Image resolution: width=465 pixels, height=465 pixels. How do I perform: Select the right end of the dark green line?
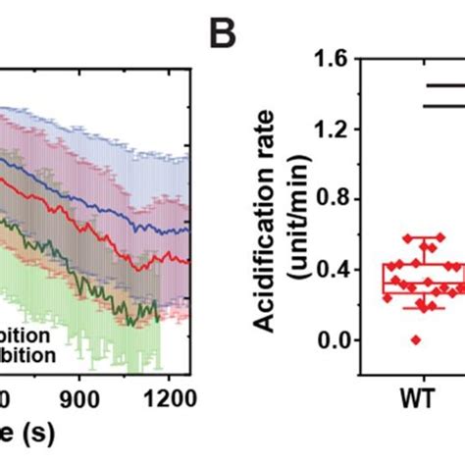157,317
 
